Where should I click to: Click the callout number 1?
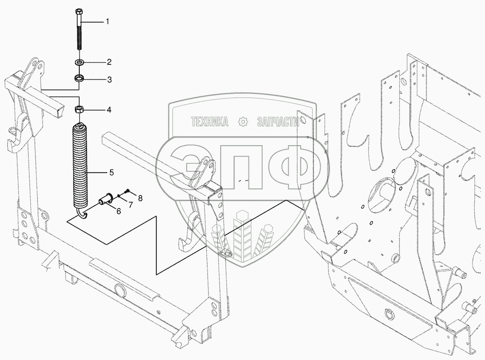[107, 21]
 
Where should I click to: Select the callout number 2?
[108, 62]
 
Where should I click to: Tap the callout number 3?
[108, 79]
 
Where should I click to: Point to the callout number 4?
[108, 110]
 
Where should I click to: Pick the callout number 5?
[111, 173]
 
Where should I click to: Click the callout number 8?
[140, 198]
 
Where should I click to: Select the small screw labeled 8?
[128, 190]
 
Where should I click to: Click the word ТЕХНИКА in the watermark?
[209, 121]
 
